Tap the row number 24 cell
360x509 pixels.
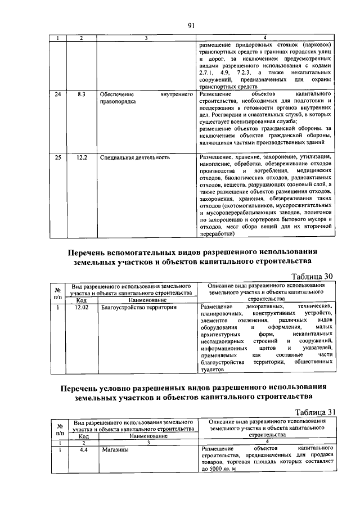(57, 94)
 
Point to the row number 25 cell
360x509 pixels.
(57, 157)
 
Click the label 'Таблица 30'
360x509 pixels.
(311, 276)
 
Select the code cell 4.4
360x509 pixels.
(84, 449)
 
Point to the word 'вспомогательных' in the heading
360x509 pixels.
(151, 251)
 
